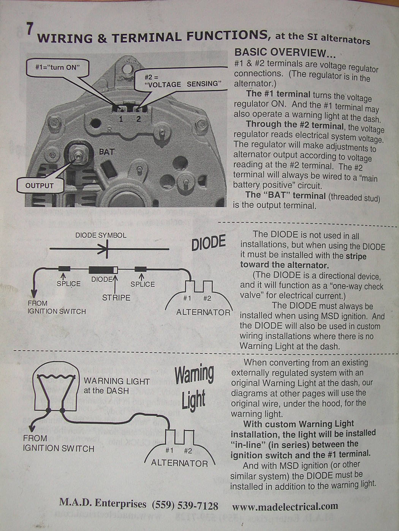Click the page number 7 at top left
pos(29,29)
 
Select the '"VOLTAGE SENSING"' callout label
pos(183,84)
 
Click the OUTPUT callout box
pos(40,186)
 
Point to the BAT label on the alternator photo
pos(107,152)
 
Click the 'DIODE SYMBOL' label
pos(101,236)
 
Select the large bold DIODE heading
pos(208,243)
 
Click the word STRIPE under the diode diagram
pos(116,298)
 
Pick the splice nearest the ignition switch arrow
pos(64,269)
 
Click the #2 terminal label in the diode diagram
pos(207,298)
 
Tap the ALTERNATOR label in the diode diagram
pos(203,312)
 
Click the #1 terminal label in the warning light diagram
pos(169,451)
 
